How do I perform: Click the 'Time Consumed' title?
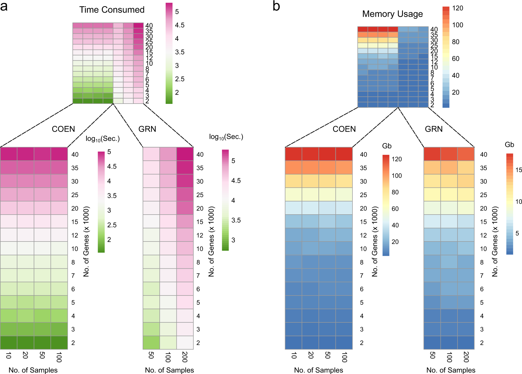point(112,10)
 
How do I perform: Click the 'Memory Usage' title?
point(392,14)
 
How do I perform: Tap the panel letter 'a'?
point(4,6)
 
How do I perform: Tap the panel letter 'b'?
point(276,6)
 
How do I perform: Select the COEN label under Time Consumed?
point(63,129)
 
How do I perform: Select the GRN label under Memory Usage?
point(434,129)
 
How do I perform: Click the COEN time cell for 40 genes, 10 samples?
point(9,154)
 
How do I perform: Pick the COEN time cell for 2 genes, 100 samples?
point(59,342)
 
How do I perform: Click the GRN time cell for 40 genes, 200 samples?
point(185,154)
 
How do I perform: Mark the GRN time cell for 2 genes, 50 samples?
point(151,342)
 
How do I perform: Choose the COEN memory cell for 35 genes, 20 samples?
point(310,167)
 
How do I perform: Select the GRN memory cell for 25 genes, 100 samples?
point(449,194)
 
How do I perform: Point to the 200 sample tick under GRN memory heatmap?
point(466,357)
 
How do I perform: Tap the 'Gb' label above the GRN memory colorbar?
point(509,145)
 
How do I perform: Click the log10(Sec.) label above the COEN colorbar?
point(102,139)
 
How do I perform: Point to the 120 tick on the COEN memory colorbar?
point(397,159)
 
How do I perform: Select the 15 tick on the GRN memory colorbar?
point(519,170)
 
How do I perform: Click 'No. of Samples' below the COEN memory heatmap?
point(318,370)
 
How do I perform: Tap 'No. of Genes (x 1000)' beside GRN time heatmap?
point(211,241)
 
